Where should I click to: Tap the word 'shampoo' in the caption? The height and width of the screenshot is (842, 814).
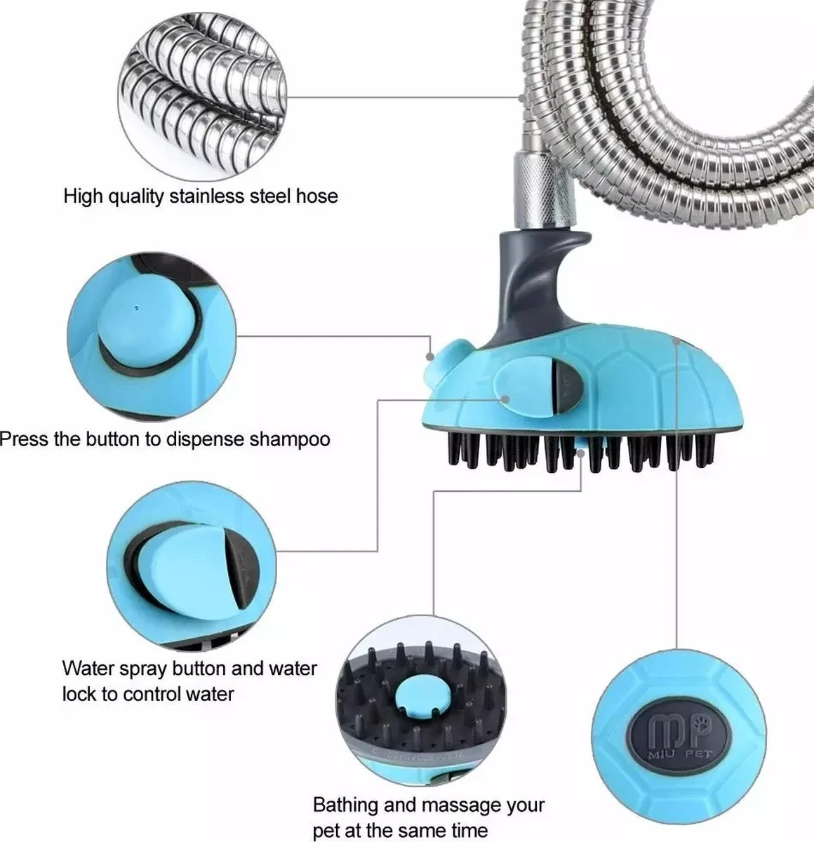287,440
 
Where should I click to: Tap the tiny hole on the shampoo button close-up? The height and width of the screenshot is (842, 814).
136,307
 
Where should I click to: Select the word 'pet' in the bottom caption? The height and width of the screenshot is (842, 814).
327,831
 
